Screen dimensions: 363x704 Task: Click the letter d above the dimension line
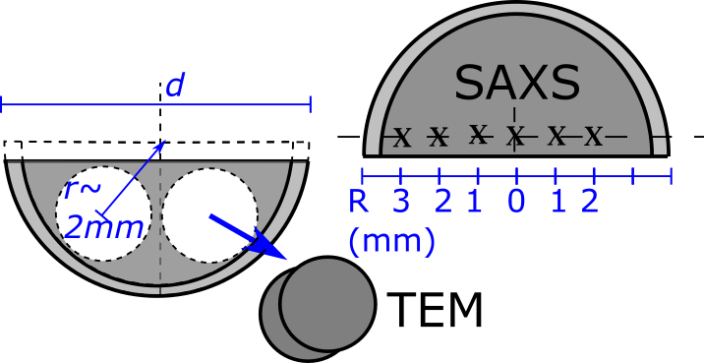[x=175, y=87]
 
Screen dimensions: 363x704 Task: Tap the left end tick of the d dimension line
[x=2, y=104]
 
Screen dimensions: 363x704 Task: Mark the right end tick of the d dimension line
[x=311, y=104]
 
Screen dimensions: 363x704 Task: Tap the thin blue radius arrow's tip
[x=164, y=142]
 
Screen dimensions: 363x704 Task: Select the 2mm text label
[x=103, y=229]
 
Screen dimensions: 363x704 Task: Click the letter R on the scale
[x=358, y=202]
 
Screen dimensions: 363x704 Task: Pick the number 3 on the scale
[x=401, y=202]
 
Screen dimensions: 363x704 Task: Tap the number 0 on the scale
[x=517, y=202]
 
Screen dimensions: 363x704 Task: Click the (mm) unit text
[x=392, y=241]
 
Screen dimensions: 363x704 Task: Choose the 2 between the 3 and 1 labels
[x=443, y=202]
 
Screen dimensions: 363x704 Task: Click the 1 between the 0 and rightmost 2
[x=558, y=202]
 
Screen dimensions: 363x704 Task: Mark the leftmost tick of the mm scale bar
[x=363, y=176]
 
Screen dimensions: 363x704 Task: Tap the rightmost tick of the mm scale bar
[x=671, y=176]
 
